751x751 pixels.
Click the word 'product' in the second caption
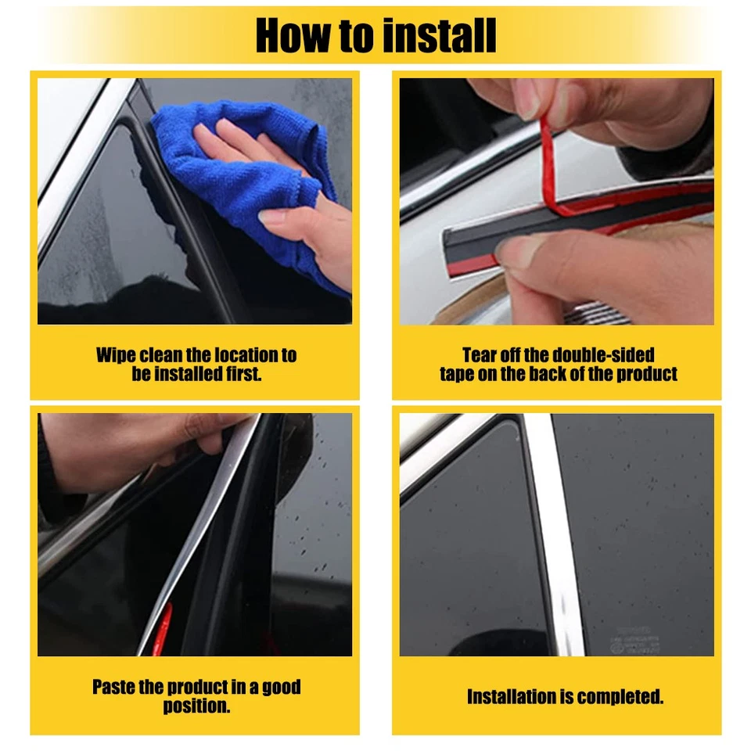click(646, 374)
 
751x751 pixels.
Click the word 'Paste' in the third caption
click(114, 688)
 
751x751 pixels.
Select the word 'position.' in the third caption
click(196, 706)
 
